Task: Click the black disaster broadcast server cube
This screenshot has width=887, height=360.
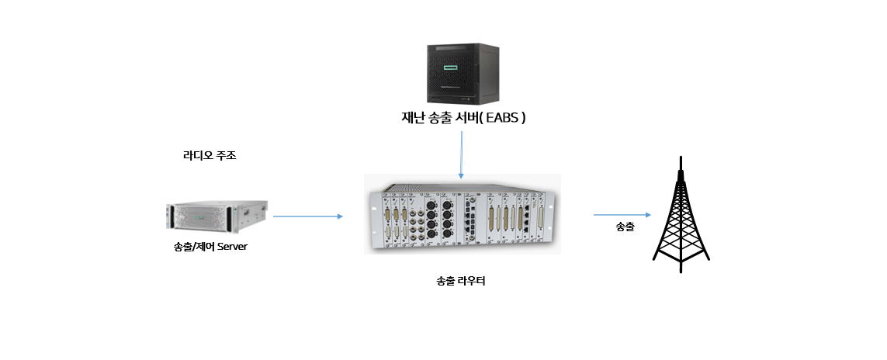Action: pos(463,74)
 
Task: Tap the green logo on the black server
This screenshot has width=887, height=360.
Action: pos(451,67)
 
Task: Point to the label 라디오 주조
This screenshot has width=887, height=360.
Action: pos(210,155)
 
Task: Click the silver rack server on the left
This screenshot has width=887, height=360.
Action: pos(217,216)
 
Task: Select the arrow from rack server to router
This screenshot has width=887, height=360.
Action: pos(308,216)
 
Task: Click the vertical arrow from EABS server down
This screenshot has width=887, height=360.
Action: pos(461,155)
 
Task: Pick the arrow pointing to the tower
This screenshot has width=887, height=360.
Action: pos(622,215)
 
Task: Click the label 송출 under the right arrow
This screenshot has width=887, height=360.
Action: pos(625,227)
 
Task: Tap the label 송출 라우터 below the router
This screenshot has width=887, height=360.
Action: pos(461,281)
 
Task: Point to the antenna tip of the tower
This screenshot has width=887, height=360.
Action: pos(681,157)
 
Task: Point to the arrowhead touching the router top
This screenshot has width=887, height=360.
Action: pos(461,177)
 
